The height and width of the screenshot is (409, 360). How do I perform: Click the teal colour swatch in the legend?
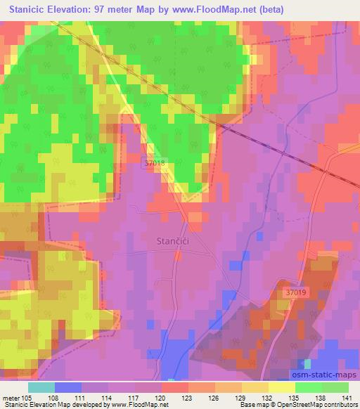point(41,387)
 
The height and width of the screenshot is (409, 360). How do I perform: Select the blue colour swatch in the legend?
point(67,387)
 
